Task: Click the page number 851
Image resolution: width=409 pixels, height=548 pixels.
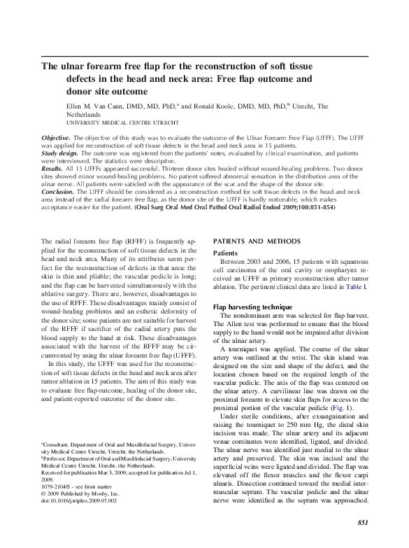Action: (x=363, y=523)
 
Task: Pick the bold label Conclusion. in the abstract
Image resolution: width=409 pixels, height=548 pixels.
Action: (x=59, y=191)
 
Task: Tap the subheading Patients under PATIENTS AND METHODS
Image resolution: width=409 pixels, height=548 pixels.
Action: (x=225, y=253)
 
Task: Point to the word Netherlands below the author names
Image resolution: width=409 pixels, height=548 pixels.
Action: (x=87, y=114)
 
